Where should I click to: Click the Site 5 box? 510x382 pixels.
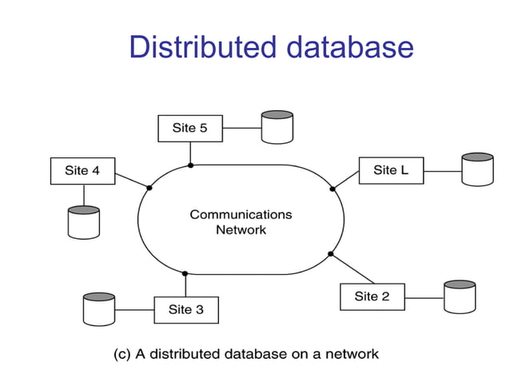pos(190,128)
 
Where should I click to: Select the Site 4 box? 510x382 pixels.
pos(82,171)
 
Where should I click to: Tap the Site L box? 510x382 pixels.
pos(391,170)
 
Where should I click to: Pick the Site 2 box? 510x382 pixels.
pos(372,296)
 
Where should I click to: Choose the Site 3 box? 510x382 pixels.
pos(185,309)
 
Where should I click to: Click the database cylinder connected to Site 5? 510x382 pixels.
pos(277,128)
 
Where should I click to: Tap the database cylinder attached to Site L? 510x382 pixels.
pos(477,169)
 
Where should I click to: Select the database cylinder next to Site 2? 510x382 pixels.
pos(460,296)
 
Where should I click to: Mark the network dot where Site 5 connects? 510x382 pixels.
pos(190,165)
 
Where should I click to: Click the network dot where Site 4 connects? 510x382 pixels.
pos(149,188)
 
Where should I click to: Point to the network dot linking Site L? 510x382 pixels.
pos(333,189)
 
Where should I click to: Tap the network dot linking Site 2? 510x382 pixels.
pos(330,254)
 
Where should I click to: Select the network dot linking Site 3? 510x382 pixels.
pos(185,273)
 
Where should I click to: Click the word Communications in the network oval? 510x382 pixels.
pos(241,214)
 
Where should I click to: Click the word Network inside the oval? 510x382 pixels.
pos(241,229)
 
